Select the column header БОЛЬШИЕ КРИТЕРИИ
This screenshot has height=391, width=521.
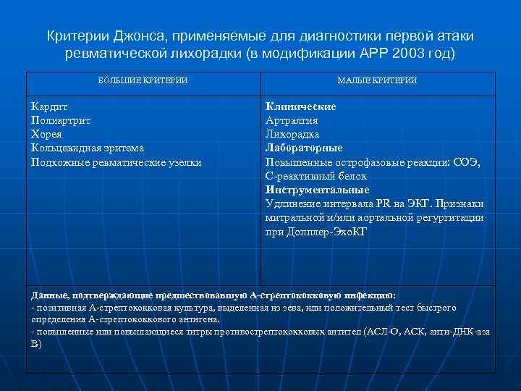143,80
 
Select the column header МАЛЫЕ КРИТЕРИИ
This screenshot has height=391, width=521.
377,80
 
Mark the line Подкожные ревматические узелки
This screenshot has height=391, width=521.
117,162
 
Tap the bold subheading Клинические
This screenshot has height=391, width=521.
301,106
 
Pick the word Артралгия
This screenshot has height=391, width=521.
292,120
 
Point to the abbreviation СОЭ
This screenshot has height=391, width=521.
466,162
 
